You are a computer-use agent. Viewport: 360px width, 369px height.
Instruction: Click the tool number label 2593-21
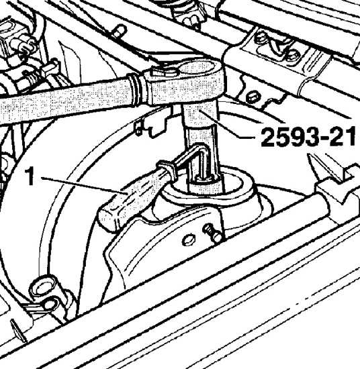(x=308, y=137)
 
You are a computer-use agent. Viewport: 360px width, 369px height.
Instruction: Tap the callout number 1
(x=30, y=176)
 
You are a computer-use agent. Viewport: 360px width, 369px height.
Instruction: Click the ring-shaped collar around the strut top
(x=208, y=186)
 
